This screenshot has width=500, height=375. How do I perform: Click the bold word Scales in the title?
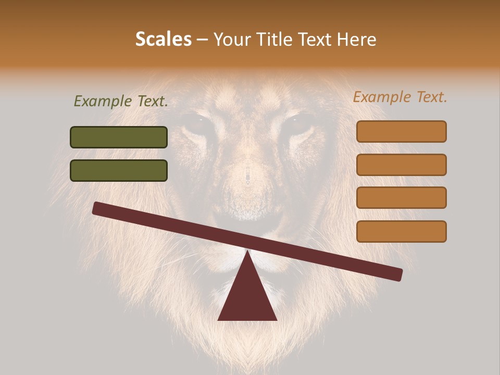163,40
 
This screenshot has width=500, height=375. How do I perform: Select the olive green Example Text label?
121,102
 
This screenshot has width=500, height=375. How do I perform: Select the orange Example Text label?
400,97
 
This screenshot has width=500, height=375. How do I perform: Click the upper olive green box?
119,137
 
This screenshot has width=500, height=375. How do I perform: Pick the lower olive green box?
119,170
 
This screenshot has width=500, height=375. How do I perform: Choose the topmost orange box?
401,131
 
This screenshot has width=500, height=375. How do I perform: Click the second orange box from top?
401,165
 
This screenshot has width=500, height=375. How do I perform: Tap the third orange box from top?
401,198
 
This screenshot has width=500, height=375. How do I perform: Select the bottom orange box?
401,231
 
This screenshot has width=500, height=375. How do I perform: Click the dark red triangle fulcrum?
247,297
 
